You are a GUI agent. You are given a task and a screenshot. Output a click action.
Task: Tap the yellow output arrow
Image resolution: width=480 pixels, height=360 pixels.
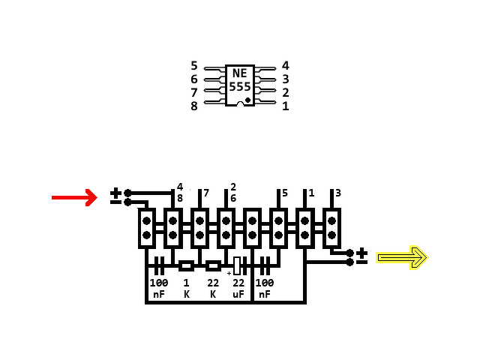pyautogui.click(x=401, y=257)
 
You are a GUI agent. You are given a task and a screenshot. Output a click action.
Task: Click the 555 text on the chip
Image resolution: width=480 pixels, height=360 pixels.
pyautogui.click(x=240, y=87)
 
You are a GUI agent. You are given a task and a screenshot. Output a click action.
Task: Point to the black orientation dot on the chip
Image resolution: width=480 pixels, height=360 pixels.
pyautogui.click(x=247, y=99)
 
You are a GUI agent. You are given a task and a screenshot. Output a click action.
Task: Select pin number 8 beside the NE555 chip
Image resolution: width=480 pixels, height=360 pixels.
pyautogui.click(x=194, y=106)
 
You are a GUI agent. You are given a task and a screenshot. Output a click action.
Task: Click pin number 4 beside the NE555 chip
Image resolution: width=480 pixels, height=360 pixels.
pyautogui.click(x=286, y=66)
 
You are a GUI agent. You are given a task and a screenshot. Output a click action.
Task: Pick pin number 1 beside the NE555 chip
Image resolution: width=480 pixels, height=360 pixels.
pyautogui.click(x=286, y=106)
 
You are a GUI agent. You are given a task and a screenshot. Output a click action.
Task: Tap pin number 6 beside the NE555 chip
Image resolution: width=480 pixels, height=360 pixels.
pyautogui.click(x=194, y=79)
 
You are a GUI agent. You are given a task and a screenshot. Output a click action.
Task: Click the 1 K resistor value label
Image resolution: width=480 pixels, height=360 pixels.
pyautogui.click(x=186, y=288)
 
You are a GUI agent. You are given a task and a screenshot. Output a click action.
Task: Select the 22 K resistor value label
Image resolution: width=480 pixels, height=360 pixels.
pyautogui.click(x=213, y=288)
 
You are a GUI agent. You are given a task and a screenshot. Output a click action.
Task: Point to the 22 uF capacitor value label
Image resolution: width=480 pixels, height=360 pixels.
pyautogui.click(x=238, y=288)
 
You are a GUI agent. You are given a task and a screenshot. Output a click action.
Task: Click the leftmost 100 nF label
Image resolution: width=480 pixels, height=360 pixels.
pyautogui.click(x=159, y=288)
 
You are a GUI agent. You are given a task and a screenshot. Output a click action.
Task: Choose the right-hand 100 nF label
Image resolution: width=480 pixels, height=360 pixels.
pyautogui.click(x=265, y=288)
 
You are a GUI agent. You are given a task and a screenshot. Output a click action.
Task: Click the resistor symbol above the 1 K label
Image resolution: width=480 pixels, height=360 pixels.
pyautogui.click(x=186, y=265)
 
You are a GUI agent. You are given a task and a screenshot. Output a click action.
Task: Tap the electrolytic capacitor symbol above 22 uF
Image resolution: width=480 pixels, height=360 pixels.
pyautogui.click(x=237, y=265)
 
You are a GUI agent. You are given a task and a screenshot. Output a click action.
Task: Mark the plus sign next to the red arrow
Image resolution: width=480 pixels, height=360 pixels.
pyautogui.click(x=115, y=193)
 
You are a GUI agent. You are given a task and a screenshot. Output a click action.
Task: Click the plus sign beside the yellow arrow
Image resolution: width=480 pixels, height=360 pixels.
pyautogui.click(x=362, y=253)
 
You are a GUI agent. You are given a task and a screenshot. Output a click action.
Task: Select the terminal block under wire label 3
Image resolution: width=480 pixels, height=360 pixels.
pyautogui.click(x=331, y=228)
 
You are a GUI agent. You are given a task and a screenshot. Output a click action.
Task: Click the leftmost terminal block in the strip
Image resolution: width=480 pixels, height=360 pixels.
pyautogui.click(x=147, y=228)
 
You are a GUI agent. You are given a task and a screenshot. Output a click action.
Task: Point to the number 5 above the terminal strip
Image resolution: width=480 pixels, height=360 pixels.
pyautogui.click(x=285, y=193)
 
